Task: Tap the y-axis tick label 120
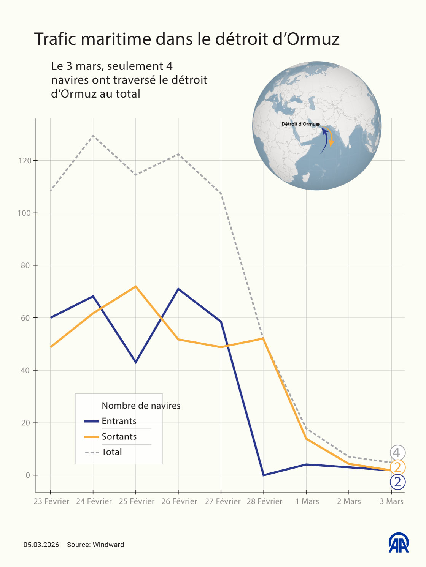[x=24, y=161]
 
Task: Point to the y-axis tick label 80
[x=25, y=265]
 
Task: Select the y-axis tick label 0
[x=27, y=475]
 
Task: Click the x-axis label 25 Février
[x=137, y=501]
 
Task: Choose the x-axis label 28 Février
[x=264, y=501]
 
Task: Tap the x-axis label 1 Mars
[x=307, y=501]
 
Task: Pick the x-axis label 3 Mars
[x=391, y=501]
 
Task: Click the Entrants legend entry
[x=119, y=421]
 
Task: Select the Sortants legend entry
[x=119, y=437]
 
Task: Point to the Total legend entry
[x=111, y=452]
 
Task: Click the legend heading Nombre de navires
[x=141, y=406]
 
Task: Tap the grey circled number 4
[x=397, y=453]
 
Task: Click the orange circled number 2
[x=397, y=467]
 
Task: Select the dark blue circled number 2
[x=397, y=482]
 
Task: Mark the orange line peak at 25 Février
[x=136, y=286]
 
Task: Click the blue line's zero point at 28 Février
[x=264, y=475]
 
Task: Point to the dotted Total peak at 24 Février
[x=93, y=136]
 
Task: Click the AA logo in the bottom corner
[x=398, y=543]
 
